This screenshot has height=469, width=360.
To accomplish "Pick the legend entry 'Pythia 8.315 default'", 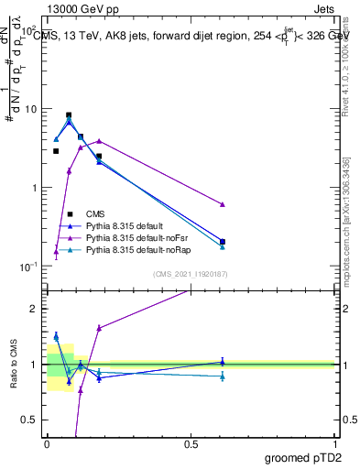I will click(x=123, y=225).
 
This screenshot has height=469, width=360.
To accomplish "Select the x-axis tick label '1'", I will click(x=335, y=444).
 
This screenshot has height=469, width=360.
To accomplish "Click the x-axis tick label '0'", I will click(x=47, y=444).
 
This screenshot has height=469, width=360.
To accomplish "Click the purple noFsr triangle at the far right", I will click(x=223, y=204).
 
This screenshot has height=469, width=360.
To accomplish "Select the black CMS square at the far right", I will click(x=223, y=242).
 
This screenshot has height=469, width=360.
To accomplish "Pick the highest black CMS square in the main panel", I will click(x=69, y=115).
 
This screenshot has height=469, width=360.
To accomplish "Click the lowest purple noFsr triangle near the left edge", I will click(x=56, y=252).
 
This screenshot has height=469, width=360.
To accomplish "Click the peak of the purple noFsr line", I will click(x=99, y=141).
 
